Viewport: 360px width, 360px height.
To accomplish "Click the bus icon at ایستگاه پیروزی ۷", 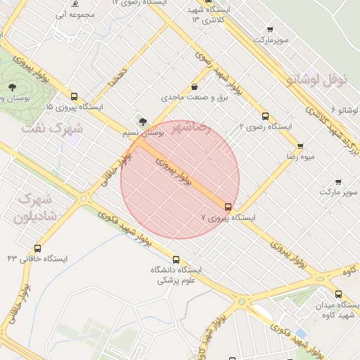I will click(228, 207).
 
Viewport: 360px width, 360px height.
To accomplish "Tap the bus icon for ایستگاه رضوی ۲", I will click(265, 116).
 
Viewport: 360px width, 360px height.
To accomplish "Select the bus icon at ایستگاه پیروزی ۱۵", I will click(74, 96).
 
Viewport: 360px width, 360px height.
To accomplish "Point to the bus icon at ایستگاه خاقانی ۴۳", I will click(37, 248).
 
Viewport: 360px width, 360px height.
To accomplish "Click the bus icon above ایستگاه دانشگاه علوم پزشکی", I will click(176, 259).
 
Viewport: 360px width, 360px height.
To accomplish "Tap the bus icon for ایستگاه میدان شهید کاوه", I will click(338, 295).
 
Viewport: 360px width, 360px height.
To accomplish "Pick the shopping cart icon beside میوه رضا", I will click(300, 146).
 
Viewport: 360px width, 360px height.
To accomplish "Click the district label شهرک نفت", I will click(52, 129).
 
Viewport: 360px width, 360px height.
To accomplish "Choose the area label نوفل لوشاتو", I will click(317, 80).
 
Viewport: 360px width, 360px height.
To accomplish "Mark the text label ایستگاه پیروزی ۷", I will click(229, 218).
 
